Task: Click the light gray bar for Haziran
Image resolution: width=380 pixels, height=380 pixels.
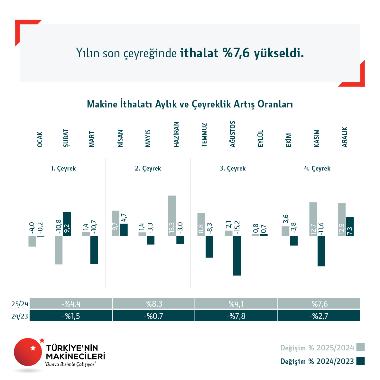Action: [172, 216]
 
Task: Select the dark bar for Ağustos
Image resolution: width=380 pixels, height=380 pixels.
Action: [237, 255]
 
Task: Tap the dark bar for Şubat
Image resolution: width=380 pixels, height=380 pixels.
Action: [67, 224]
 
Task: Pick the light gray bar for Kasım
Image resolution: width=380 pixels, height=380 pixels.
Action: [313, 219]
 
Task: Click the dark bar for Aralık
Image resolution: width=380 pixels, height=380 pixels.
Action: [350, 226]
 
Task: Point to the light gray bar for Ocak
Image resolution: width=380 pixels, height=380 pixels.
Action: [32, 241]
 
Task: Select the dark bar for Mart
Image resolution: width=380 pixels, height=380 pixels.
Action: [94, 250]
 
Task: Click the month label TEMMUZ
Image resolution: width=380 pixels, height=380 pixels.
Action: [204, 135]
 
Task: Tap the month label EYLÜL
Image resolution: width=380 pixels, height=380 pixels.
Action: [261, 138]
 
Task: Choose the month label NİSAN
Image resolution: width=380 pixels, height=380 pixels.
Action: [120, 138]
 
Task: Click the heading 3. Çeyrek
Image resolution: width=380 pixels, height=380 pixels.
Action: [232, 168]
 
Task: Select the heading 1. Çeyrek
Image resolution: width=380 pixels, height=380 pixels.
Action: [63, 168]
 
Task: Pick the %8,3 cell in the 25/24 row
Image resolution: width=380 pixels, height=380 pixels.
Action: [154, 303]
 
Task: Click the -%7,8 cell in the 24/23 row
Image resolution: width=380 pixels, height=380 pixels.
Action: [236, 316]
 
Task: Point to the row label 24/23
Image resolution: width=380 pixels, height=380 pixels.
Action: [20, 316]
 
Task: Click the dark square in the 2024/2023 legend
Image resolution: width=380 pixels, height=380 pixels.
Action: [361, 361]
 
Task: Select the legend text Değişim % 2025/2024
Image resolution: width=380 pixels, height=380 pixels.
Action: [317, 348]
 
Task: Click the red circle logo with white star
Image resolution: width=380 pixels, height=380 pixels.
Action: [28, 352]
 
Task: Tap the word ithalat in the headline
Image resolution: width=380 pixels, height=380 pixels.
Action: [199, 53]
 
